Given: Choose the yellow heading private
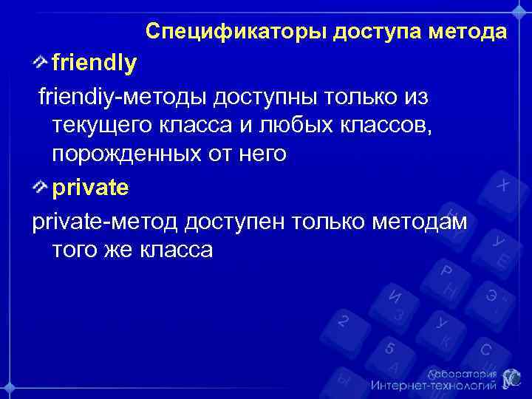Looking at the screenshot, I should click(89, 188).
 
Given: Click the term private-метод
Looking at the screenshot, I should click(104, 220).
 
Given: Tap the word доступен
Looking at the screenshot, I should click(235, 220).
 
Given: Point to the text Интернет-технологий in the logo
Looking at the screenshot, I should click(432, 386).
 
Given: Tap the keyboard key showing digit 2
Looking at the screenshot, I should click(342, 321).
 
